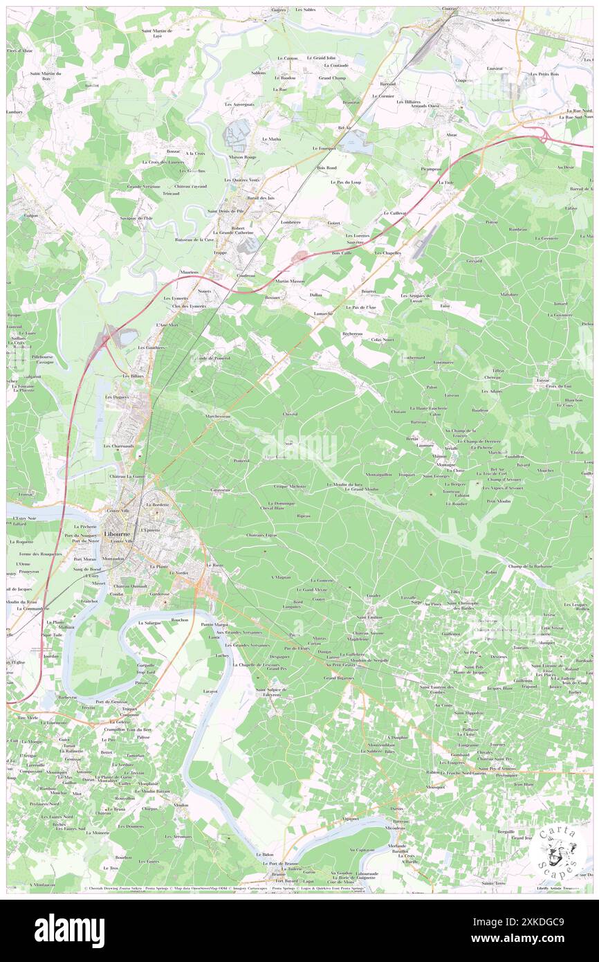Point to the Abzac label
tap(452, 134)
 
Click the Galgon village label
tap(31, 215)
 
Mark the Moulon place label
tap(182, 805)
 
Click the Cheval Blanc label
tap(271, 508)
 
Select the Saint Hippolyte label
tap(468, 713)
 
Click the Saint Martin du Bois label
tap(45, 76)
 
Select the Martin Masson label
tap(289, 281)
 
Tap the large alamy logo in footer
tap(69, 930)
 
